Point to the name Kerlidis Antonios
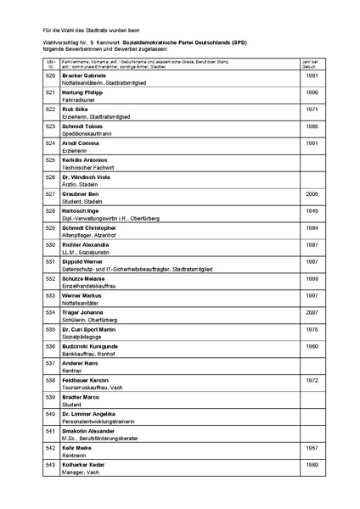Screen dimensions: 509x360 (x=84, y=160)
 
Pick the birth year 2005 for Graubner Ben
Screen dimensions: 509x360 (x=312, y=194)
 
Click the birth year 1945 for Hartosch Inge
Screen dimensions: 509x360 (x=312, y=211)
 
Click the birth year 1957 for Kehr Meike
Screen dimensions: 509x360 (x=312, y=448)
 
